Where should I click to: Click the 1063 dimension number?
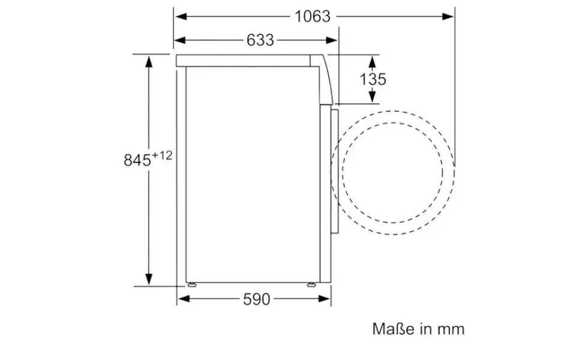pos(313,17)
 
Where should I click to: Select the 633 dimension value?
pos(260,40)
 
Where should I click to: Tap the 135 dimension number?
pos(373,79)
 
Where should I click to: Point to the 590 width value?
pos(257,299)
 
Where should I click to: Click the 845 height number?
pos(137,160)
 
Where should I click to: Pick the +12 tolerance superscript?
pos(162,155)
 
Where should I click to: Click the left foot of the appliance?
pos(192,284)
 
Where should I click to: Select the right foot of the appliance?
pos(311,284)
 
